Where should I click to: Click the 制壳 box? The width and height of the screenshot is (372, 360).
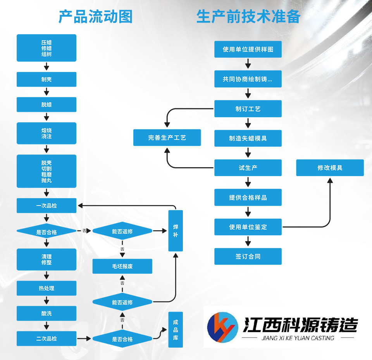(x=46, y=79)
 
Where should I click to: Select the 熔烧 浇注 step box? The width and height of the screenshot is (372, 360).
(x=46, y=133)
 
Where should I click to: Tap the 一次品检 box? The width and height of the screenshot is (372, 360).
(x=46, y=206)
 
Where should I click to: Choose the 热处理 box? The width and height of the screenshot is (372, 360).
(x=46, y=288)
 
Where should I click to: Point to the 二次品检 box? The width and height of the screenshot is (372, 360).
(x=46, y=338)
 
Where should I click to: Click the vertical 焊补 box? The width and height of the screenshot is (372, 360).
(x=176, y=231)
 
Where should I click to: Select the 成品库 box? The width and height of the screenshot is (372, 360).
(x=176, y=329)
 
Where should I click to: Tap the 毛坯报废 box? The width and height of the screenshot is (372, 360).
(x=122, y=266)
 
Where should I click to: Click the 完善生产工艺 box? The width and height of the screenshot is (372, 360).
(x=167, y=137)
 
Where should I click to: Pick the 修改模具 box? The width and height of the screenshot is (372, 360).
(x=330, y=168)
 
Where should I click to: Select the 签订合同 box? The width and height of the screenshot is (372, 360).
(x=248, y=256)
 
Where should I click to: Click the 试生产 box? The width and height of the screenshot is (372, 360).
(x=248, y=168)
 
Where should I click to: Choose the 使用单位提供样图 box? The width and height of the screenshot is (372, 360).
(x=248, y=50)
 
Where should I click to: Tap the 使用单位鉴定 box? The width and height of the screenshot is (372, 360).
(x=248, y=227)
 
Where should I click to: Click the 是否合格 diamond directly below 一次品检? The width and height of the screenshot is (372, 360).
(x=46, y=232)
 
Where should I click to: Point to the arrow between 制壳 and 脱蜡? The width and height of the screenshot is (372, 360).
(x=46, y=92)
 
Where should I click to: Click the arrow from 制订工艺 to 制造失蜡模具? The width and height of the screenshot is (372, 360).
(x=248, y=123)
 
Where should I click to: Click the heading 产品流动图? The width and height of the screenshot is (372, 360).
(x=95, y=17)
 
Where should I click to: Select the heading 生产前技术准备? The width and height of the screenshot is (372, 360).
(x=248, y=17)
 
